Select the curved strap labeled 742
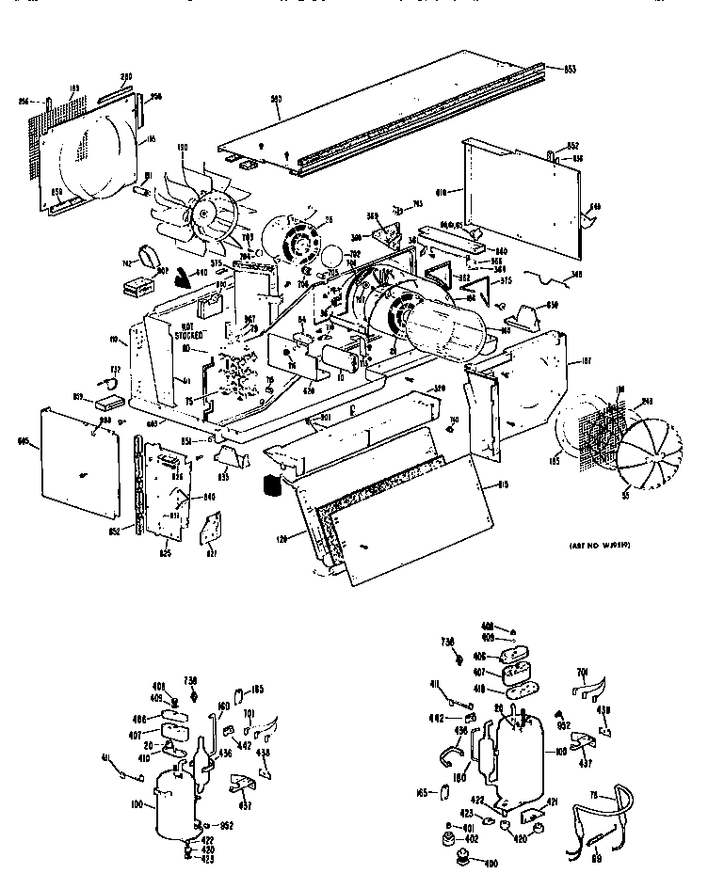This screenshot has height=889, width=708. point(148,257)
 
